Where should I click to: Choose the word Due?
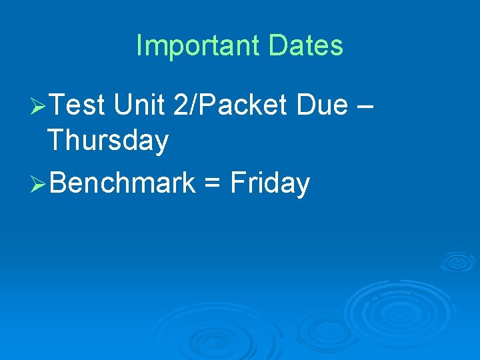coord(324,105)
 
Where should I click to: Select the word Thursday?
coord(108,141)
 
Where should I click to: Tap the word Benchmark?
coord(123,183)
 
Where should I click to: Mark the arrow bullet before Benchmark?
coord(39,183)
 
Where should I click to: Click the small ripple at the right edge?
coord(457,261)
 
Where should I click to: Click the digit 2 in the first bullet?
coord(179,105)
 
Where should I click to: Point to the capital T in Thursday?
coord(56,141)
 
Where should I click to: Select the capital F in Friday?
coord(236,183)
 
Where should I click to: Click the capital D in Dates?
coord(278,46)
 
